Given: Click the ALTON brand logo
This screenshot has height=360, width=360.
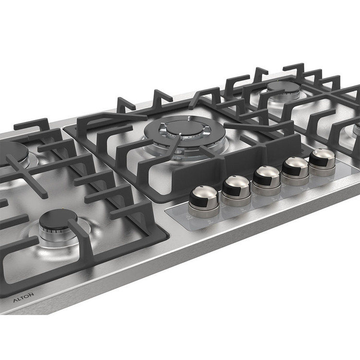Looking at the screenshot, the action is (24, 297).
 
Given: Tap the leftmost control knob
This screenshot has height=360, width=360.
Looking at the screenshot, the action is (204, 201).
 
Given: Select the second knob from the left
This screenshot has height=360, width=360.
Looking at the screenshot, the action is (236, 191).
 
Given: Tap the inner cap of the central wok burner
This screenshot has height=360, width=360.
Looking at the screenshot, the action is (185, 128).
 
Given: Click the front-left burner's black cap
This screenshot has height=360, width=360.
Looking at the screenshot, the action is (58, 220).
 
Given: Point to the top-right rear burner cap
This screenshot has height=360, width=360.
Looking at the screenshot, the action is (284, 87).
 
